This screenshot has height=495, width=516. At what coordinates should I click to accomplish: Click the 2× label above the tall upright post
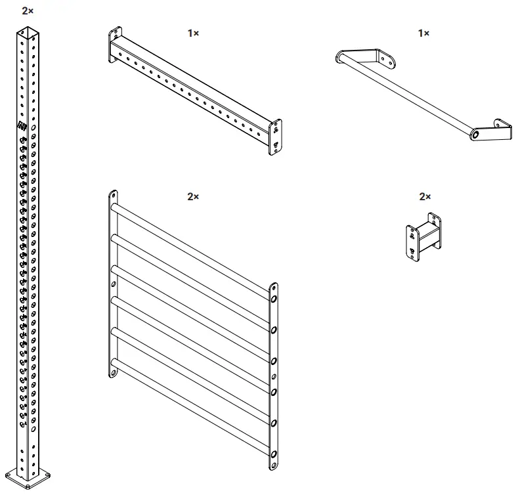tap(28, 11)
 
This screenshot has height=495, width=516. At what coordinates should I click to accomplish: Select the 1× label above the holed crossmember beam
tap(193, 32)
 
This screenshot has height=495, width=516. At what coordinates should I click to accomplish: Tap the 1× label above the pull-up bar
tap(423, 32)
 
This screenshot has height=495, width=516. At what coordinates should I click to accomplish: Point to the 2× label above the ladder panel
tap(193, 196)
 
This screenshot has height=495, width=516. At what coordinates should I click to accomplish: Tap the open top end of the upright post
tap(28, 30)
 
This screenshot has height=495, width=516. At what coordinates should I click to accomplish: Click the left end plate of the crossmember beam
tap(115, 45)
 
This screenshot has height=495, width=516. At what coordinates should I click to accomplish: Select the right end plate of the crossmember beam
tap(276, 138)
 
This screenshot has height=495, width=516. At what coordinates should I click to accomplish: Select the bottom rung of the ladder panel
tap(190, 407)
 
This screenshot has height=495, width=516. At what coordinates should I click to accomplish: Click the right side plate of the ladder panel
tap(274, 377)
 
